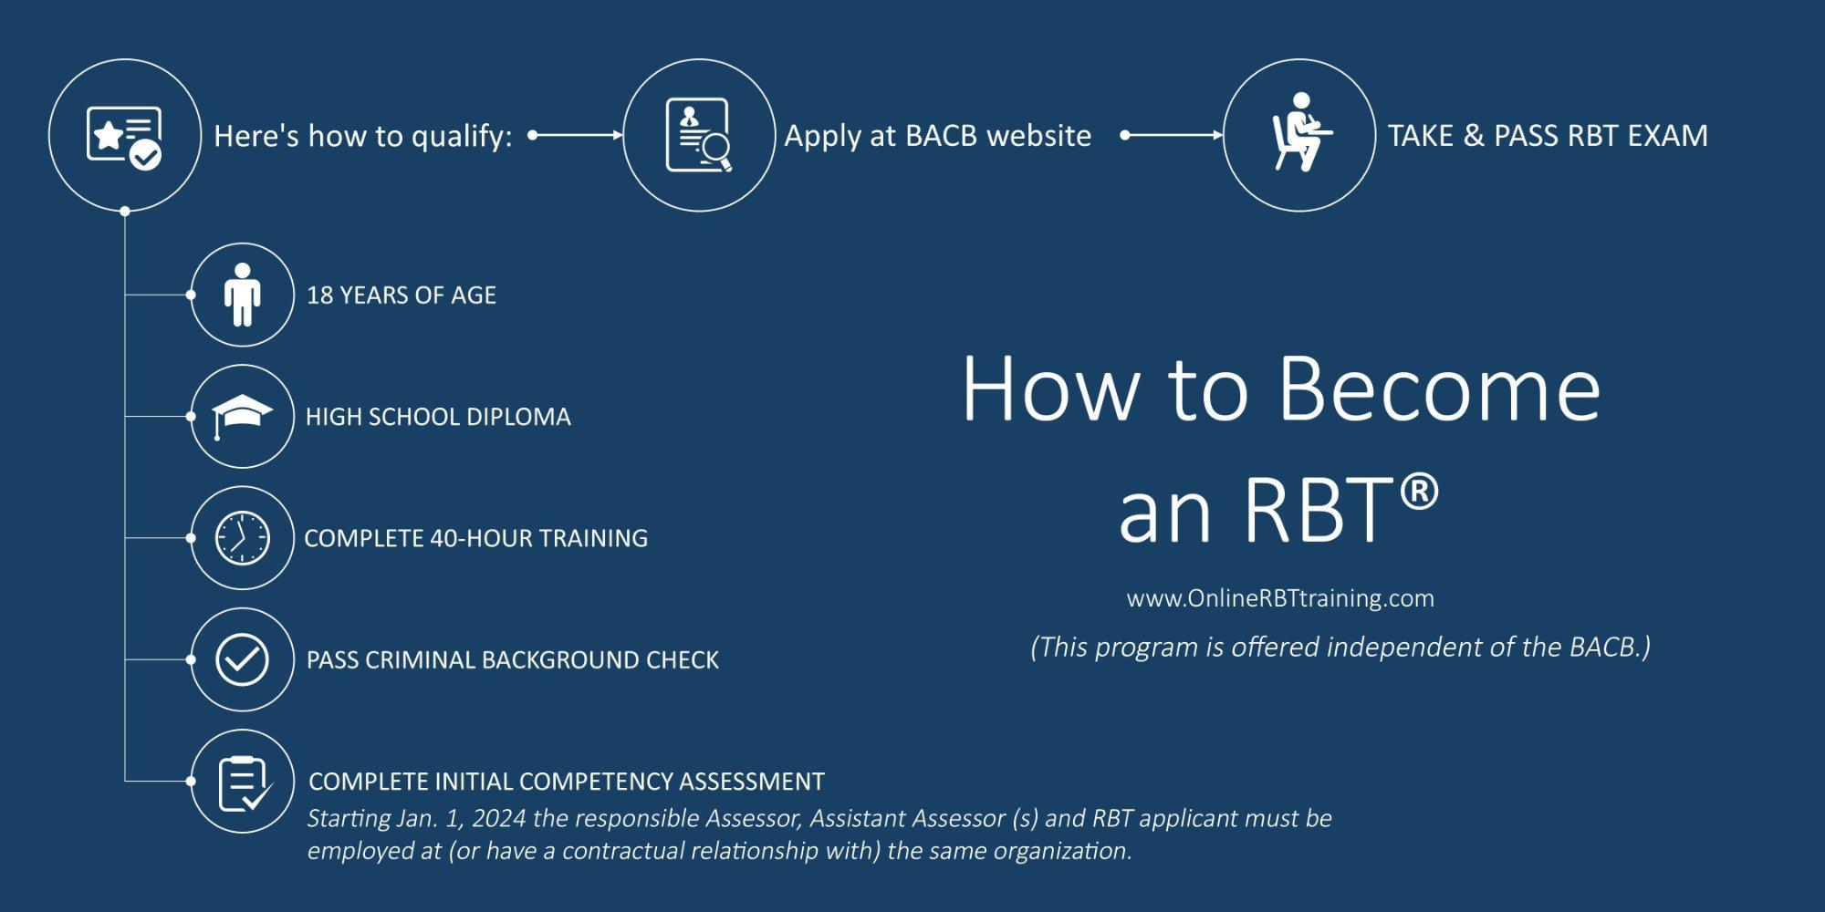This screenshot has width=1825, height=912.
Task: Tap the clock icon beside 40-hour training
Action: [242, 538]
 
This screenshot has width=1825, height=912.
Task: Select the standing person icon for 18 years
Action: [242, 295]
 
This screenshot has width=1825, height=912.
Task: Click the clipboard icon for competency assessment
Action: [244, 782]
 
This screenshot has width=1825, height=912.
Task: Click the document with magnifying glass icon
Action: [698, 135]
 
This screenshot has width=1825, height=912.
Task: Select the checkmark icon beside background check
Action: [242, 659]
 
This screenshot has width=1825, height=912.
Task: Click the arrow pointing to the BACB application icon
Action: [577, 135]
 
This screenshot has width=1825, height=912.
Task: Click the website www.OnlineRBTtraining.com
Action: [1280, 598]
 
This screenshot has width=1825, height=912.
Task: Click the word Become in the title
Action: [1439, 389]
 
